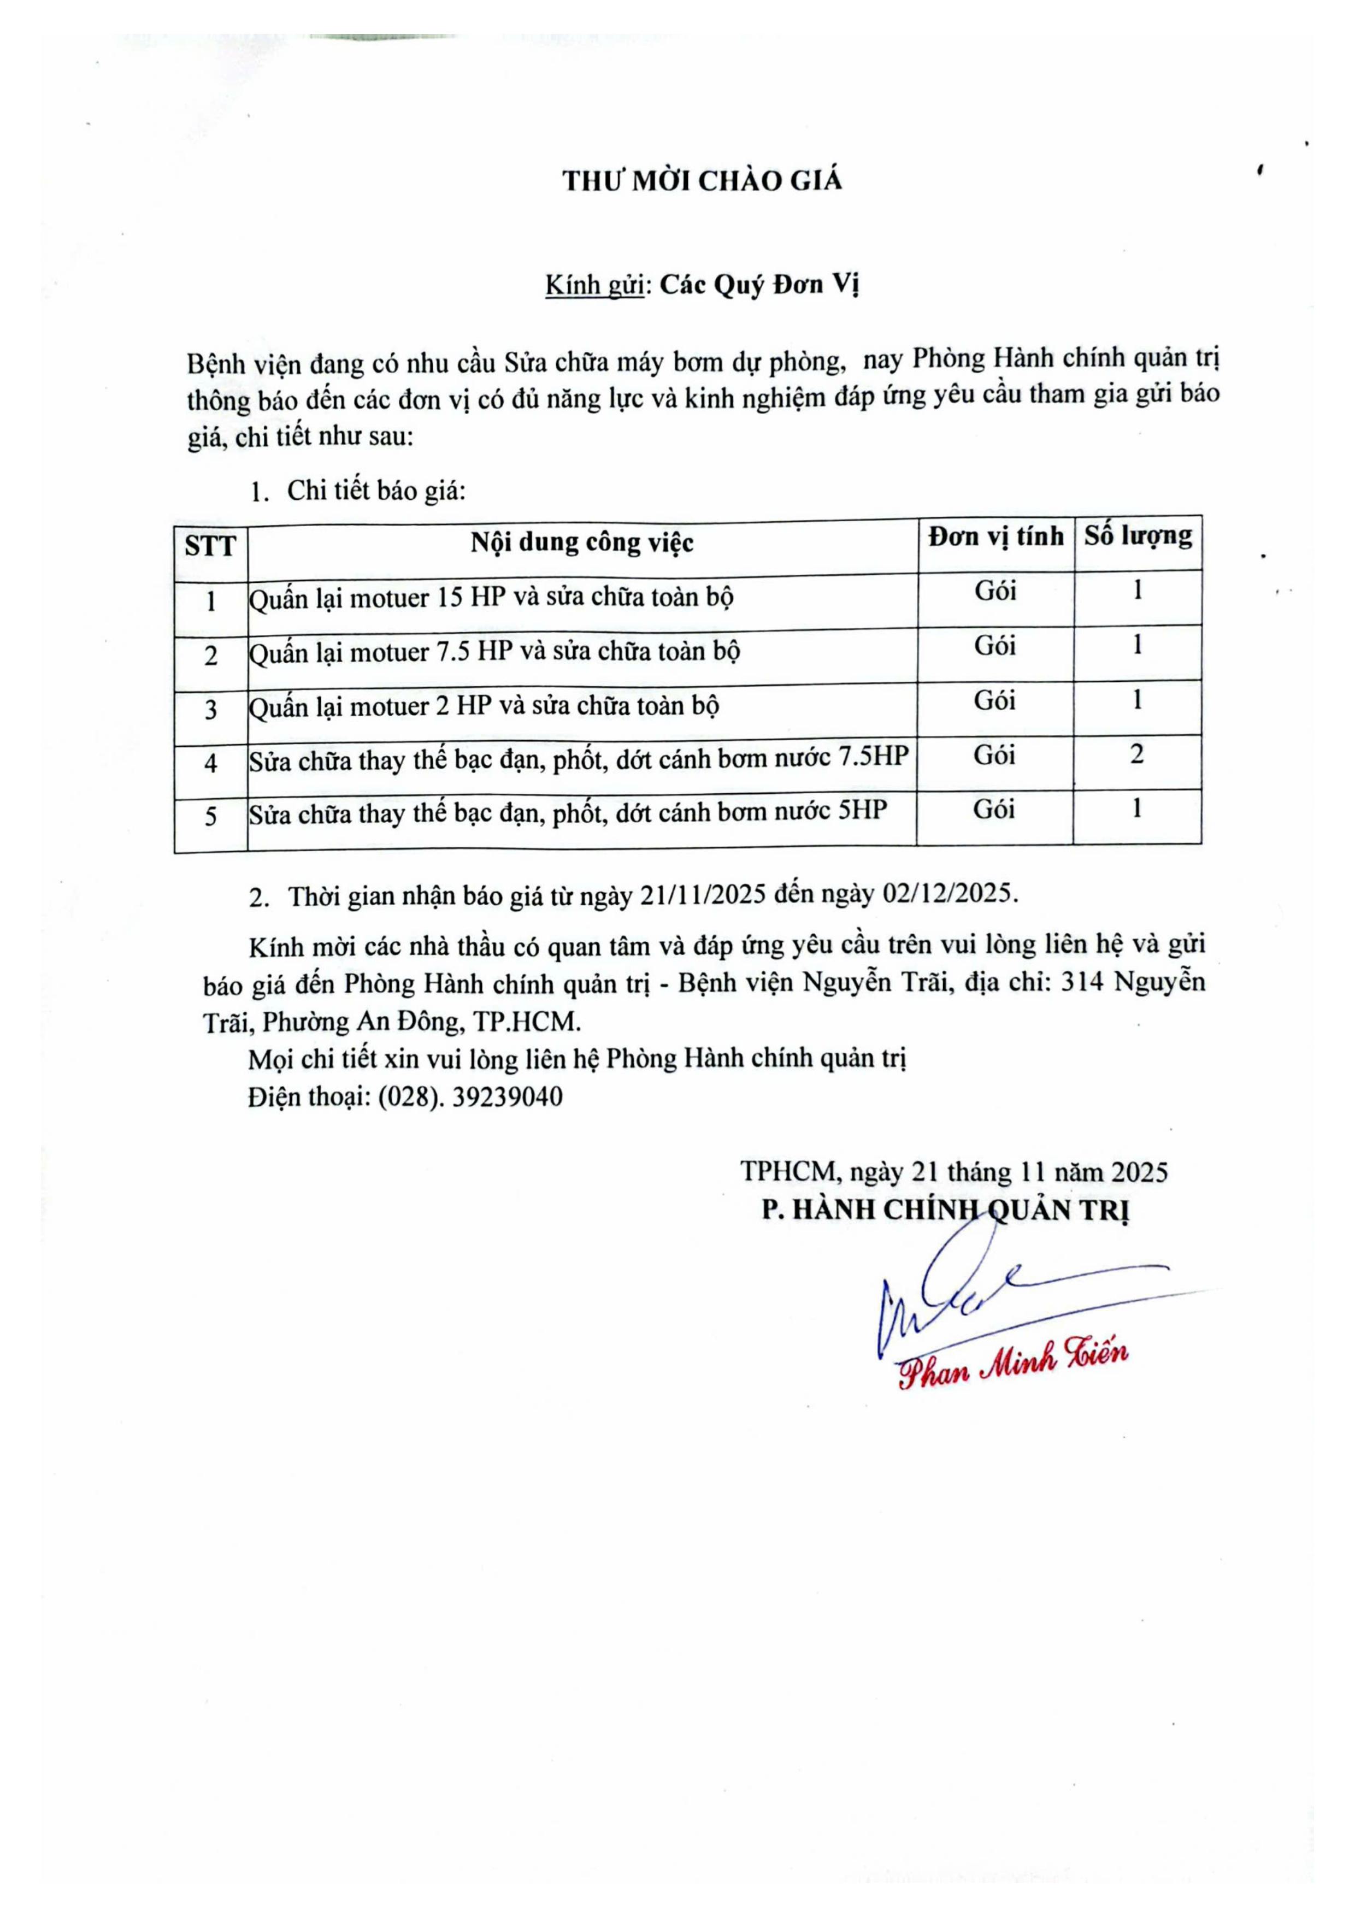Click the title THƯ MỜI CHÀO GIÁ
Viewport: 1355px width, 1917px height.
click(x=702, y=181)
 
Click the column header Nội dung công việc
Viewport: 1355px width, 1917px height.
click(x=582, y=542)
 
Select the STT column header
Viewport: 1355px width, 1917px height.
click(x=210, y=546)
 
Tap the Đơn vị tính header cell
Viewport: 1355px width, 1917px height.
click(x=996, y=536)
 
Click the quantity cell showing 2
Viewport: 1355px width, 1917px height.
click(x=1137, y=755)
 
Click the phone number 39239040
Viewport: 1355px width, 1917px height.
click(x=508, y=1096)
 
